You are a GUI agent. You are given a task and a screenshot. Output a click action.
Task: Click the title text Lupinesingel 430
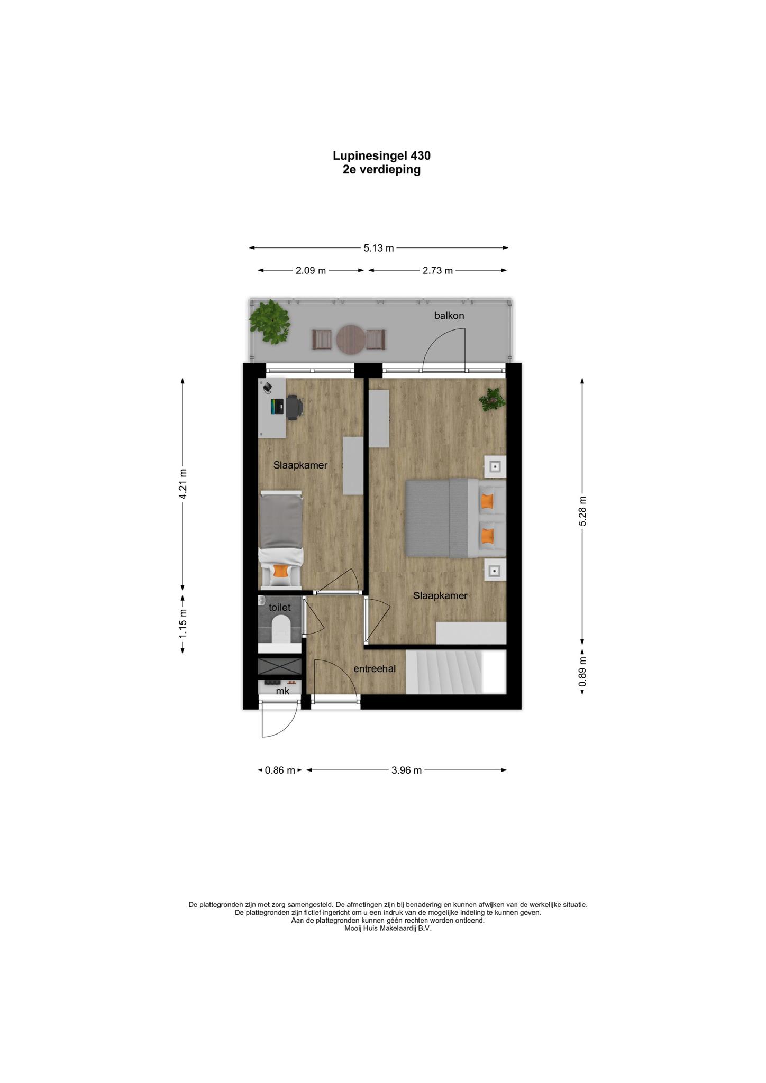[x=381, y=155]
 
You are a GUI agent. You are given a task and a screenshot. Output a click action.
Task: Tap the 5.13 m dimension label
[x=379, y=248]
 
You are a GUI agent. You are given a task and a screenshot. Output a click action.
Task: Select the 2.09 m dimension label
[x=311, y=271]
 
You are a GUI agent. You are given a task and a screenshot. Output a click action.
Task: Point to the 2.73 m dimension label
[x=437, y=271]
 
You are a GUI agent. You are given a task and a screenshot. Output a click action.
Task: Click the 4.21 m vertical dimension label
[x=183, y=484]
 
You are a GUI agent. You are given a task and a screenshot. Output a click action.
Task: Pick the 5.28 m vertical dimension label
[x=582, y=511]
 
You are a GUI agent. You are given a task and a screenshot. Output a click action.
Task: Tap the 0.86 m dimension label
[x=280, y=770]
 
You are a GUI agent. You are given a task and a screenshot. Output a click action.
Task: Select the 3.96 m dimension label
[x=406, y=770]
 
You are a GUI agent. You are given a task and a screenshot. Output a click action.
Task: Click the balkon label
[x=449, y=316]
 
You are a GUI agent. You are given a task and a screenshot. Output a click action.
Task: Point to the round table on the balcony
[x=351, y=339]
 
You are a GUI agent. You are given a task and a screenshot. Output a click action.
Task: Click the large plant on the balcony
[x=270, y=322]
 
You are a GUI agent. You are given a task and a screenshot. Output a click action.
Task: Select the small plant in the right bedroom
[x=491, y=400]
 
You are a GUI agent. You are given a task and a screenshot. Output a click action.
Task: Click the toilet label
[x=280, y=608]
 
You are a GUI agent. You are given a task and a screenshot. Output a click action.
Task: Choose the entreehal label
[x=375, y=669]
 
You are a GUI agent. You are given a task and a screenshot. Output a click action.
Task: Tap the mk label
[x=282, y=691]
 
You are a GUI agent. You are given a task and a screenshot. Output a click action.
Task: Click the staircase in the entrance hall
[x=456, y=672]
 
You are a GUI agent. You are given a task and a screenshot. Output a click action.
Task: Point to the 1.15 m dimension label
[x=183, y=624]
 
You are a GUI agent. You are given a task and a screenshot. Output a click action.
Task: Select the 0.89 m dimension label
[x=582, y=672]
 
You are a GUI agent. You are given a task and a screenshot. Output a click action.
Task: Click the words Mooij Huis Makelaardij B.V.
[x=388, y=928]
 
